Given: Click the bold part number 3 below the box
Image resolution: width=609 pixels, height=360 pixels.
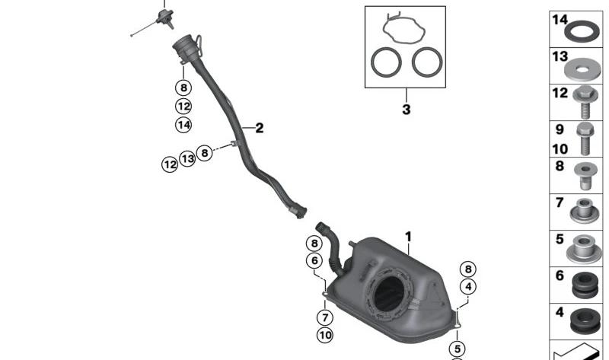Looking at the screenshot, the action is tap(407, 109).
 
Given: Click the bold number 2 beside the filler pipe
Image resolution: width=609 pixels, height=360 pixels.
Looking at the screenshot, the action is tap(260, 128).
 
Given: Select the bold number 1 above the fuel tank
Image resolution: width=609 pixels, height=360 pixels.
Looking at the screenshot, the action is tap(408, 237).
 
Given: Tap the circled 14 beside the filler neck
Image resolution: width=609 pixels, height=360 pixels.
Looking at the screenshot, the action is tap(183, 125).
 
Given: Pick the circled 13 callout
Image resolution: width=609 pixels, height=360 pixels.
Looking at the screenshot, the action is tap(187, 158).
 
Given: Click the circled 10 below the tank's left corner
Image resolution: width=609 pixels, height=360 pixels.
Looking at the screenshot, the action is tap(325, 335).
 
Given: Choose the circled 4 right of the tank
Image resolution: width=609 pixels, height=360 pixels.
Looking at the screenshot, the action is tap(468, 287).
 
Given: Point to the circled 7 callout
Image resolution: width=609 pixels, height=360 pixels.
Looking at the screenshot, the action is tap(325, 317).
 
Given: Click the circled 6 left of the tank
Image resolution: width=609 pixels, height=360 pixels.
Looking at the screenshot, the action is tap(314, 260).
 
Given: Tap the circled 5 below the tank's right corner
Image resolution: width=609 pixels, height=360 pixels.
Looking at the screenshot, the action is tap(458, 349).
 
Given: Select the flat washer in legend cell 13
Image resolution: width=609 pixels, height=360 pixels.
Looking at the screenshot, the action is tap(582, 70).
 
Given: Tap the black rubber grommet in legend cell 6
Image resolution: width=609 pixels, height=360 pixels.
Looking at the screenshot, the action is tap(585, 285).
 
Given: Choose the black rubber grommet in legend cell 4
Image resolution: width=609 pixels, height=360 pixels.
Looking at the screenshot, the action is tap(585, 321).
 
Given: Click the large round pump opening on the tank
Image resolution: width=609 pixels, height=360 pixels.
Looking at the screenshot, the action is tap(389, 292).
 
